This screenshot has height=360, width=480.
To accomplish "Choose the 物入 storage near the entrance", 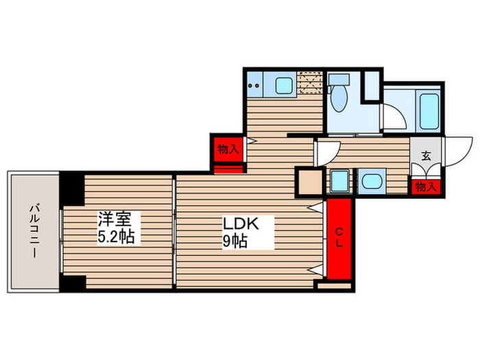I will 426,185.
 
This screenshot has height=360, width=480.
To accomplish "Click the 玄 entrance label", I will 426,156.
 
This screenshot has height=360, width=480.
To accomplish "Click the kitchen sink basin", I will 283,86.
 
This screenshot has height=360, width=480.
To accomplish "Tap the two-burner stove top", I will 255,86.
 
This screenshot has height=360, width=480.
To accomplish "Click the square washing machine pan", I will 339,182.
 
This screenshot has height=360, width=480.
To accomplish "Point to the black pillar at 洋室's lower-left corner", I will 72,283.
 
